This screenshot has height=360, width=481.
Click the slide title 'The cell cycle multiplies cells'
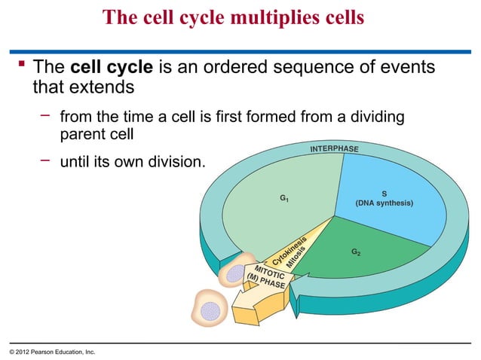coord(233,17)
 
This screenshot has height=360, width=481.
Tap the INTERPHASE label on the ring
coord(334,148)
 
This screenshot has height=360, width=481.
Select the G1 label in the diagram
coord(285,199)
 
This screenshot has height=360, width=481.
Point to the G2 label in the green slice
coord(355,251)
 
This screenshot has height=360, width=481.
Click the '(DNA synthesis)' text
coord(384,203)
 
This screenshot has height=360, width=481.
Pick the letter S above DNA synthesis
coord(384,194)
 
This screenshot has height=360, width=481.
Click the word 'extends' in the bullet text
coord(102,87)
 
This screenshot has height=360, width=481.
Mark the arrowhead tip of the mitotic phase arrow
coord(239,319)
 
